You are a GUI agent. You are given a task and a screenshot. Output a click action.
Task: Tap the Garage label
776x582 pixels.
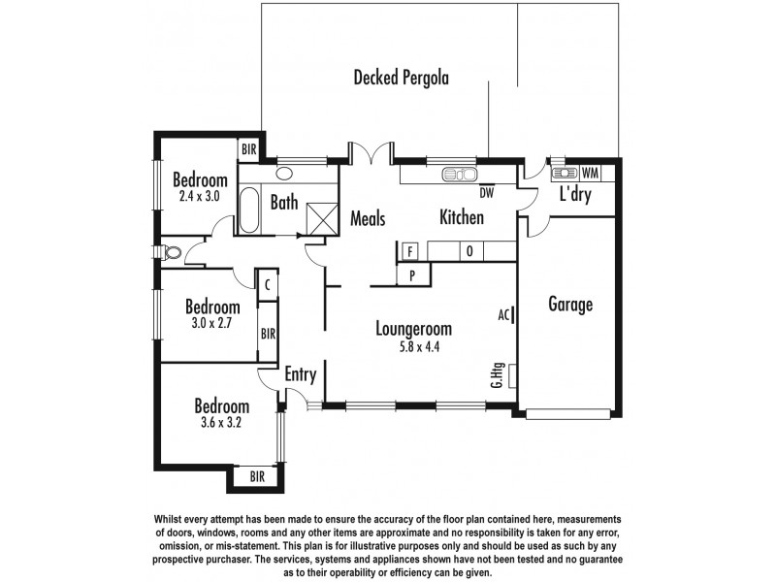[x=570, y=305]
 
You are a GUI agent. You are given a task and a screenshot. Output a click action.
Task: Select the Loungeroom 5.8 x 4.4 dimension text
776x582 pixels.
[x=414, y=347]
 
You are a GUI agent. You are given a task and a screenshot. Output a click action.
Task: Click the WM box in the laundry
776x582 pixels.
[x=591, y=173]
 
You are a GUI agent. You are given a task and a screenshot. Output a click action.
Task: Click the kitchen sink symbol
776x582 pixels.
[x=457, y=175]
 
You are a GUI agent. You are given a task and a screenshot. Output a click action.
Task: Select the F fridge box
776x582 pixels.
[x=410, y=252]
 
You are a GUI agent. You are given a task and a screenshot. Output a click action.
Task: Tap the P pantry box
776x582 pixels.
[x=412, y=275]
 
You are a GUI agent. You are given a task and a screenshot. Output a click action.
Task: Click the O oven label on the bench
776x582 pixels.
[x=469, y=252]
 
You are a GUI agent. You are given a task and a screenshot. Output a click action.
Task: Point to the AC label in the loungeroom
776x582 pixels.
[x=503, y=314]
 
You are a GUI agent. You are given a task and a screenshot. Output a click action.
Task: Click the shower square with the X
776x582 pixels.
[x=320, y=215]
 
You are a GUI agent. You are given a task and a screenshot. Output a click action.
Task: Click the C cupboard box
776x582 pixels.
[x=267, y=285]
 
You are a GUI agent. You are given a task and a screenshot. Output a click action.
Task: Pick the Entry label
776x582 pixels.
[x=302, y=374]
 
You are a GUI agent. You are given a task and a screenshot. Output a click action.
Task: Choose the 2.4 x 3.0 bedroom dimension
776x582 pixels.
[x=200, y=196]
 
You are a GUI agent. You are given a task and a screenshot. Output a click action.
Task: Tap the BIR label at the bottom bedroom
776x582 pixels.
[x=257, y=477]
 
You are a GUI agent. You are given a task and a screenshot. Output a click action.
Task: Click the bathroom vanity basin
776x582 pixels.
[x=285, y=175]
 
